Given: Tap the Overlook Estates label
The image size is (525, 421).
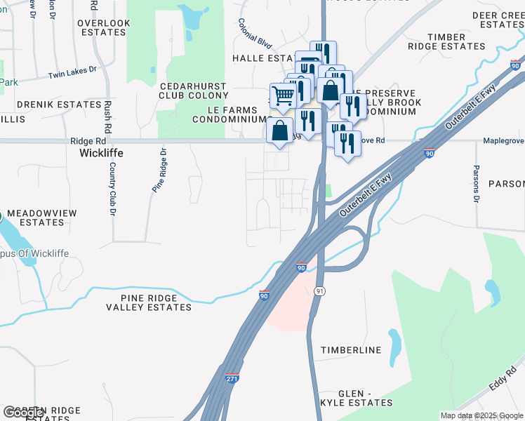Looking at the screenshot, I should click(104, 27).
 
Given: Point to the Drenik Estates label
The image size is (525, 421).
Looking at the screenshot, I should click(60, 105).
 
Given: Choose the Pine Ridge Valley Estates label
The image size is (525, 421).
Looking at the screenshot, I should click(149, 302).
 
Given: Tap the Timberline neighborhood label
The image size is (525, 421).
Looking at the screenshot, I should click(351, 350).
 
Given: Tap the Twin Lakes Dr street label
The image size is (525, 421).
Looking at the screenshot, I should click(76, 71).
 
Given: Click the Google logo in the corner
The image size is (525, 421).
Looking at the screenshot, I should click(23, 413).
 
